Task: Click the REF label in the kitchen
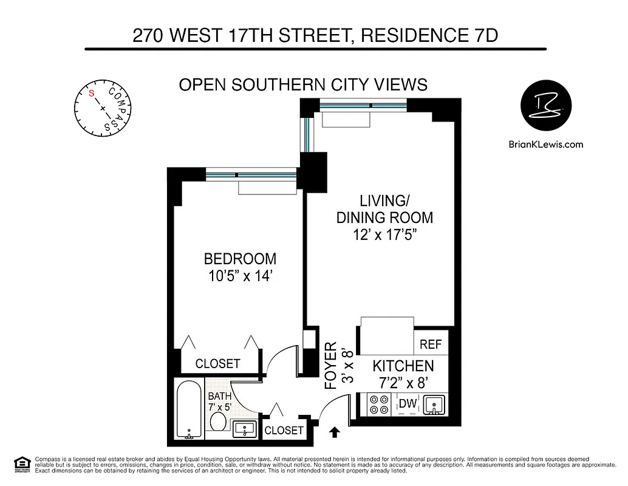tap(431, 344)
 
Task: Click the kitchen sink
tap(434, 404)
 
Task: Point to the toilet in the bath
tap(218, 421)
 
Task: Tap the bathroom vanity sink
tap(246, 429)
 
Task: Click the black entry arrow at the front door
tap(334, 433)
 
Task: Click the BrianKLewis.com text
tap(545, 144)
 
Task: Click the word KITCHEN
tap(403, 366)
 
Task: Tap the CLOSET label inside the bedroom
tap(217, 364)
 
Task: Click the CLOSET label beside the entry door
tap(284, 430)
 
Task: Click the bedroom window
tap(251, 176)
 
